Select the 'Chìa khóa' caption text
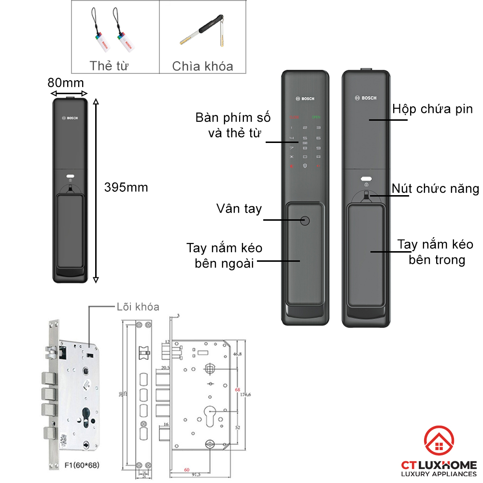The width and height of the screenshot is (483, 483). tap(202, 66)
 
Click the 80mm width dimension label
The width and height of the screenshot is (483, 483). tap(66, 82)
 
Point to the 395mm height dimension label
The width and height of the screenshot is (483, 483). tap(126, 187)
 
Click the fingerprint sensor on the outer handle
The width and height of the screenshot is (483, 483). tap(305, 221)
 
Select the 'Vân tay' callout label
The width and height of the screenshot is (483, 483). tap(239, 209)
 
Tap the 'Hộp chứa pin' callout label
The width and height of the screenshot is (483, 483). tap(432, 109)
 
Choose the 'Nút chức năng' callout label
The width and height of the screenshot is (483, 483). tap(435, 188)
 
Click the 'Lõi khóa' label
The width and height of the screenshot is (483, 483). tap(137, 307)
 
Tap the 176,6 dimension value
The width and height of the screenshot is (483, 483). tap(246, 395)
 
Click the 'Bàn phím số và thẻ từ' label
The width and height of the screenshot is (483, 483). tap(233, 125)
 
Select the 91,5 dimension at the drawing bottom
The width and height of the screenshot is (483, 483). tap(196, 475)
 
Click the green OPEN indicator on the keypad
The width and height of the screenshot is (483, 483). tap(316, 117)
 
